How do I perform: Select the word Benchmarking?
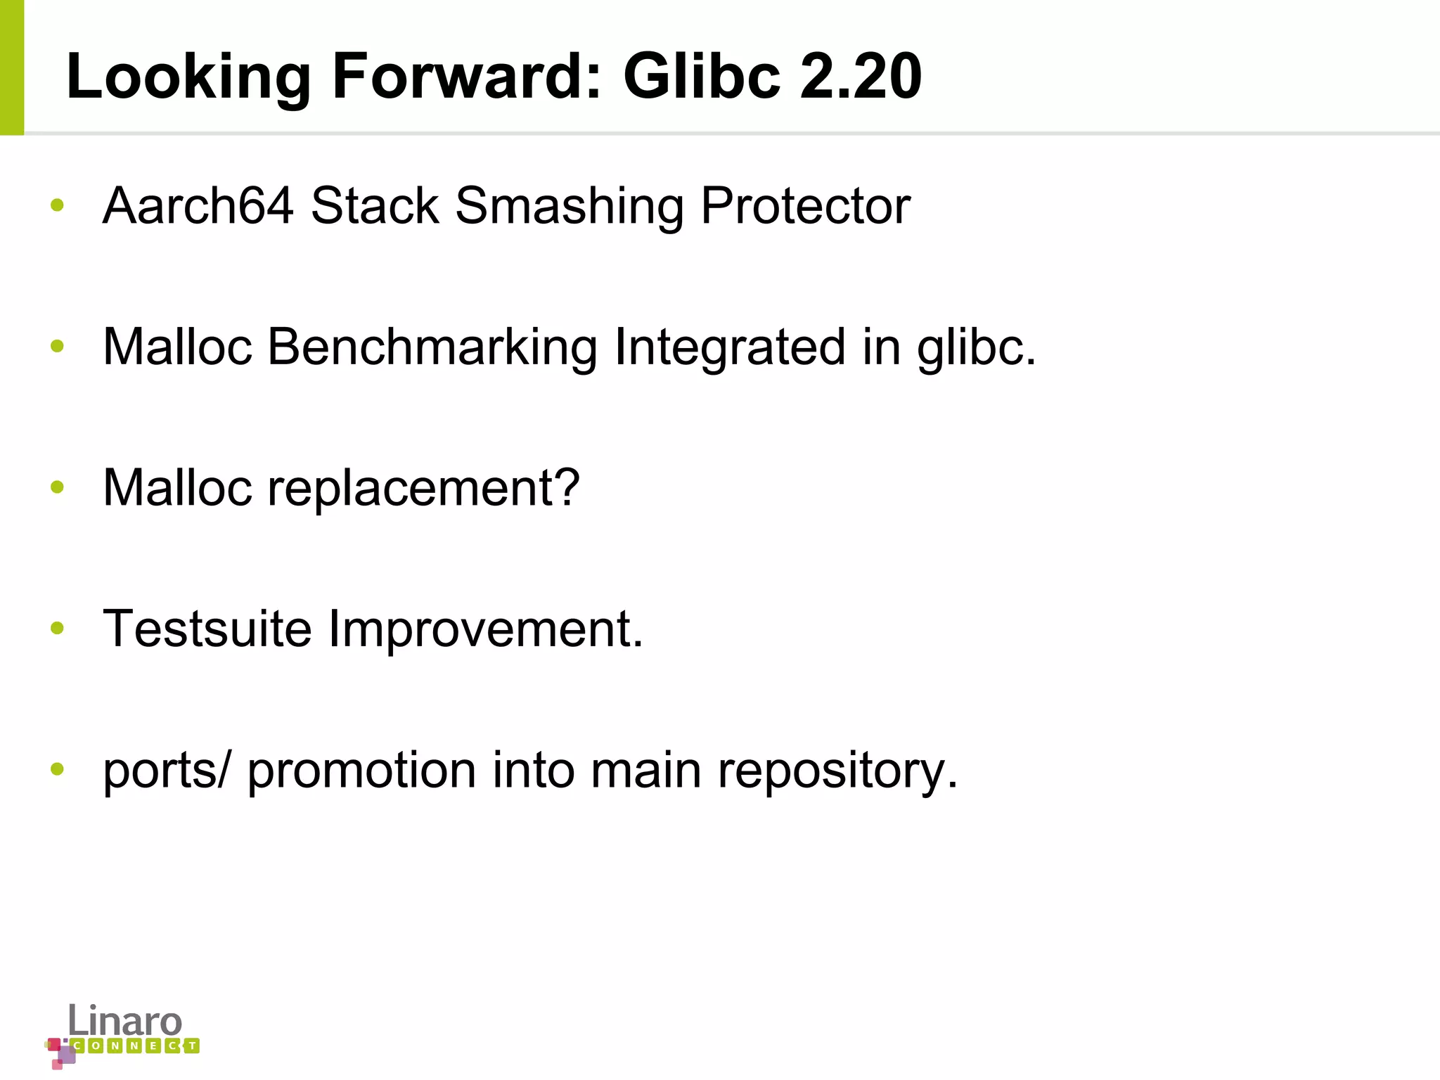coord(432,347)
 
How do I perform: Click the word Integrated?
coord(730,347)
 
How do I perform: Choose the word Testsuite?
coord(207,629)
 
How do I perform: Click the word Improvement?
coord(486,630)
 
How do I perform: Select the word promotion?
coord(361,771)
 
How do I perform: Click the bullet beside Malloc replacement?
coord(58,487)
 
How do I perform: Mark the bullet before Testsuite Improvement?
coord(58,628)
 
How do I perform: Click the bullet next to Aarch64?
coord(58,205)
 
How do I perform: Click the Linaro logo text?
coord(125,1021)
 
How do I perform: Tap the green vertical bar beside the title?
coord(12,67)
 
